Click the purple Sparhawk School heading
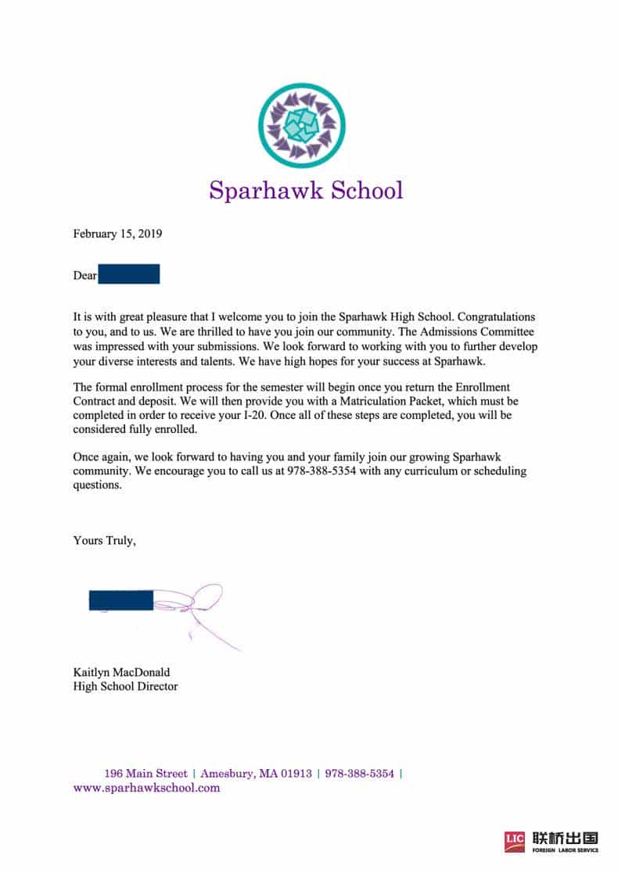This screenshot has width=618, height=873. [x=306, y=190]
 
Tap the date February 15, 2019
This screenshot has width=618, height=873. [x=117, y=234]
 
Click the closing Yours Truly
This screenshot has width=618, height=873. [x=105, y=540]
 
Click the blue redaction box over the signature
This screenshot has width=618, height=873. [x=121, y=600]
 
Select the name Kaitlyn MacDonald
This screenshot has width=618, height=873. [x=121, y=672]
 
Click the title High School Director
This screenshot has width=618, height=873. [x=125, y=686]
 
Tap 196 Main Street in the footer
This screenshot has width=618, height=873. [x=146, y=774]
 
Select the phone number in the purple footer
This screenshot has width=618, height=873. [x=359, y=774]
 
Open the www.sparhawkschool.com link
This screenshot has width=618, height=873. [x=146, y=788]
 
